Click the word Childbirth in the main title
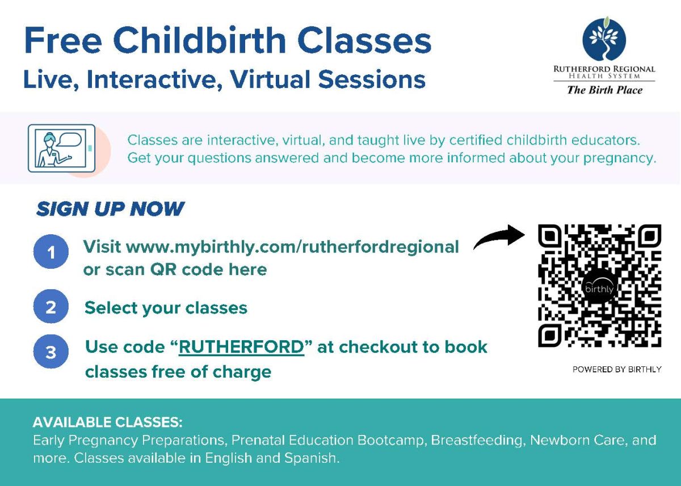pos(200,40)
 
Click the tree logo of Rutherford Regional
pos(604,39)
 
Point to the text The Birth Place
pos(605,90)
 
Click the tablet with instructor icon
pos(62,148)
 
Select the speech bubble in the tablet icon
pos(70,141)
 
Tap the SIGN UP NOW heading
pos(110,209)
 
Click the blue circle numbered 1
pos(51,252)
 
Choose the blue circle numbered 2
pos(51,306)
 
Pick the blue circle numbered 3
pos(51,352)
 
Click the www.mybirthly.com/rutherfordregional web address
pos(292,247)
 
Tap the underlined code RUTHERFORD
pos(241,347)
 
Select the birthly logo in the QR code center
pos(599,286)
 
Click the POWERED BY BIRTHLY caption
pos(617,369)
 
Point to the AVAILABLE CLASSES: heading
pos(108,422)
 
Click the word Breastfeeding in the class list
pos(476,440)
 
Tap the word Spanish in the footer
pos(312,458)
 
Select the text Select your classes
pos(166,308)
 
